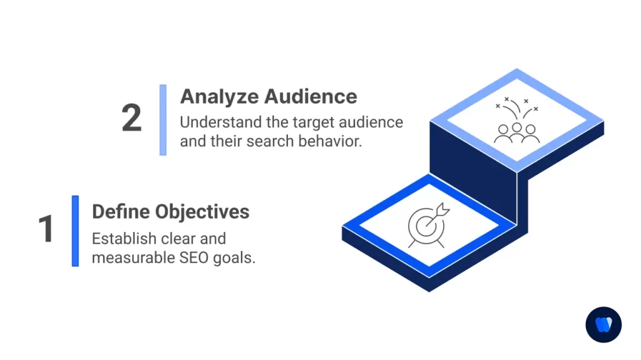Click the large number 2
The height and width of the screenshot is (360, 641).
coord(131,118)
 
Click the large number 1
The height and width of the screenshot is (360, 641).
coord(46,229)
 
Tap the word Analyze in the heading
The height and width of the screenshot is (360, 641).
coord(219,96)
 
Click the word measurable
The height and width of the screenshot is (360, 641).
coord(130,257)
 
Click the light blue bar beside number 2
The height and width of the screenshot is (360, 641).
coord(163,119)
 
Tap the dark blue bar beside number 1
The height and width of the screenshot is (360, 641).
coord(75,231)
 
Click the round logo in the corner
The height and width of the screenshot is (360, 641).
coord(603,325)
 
